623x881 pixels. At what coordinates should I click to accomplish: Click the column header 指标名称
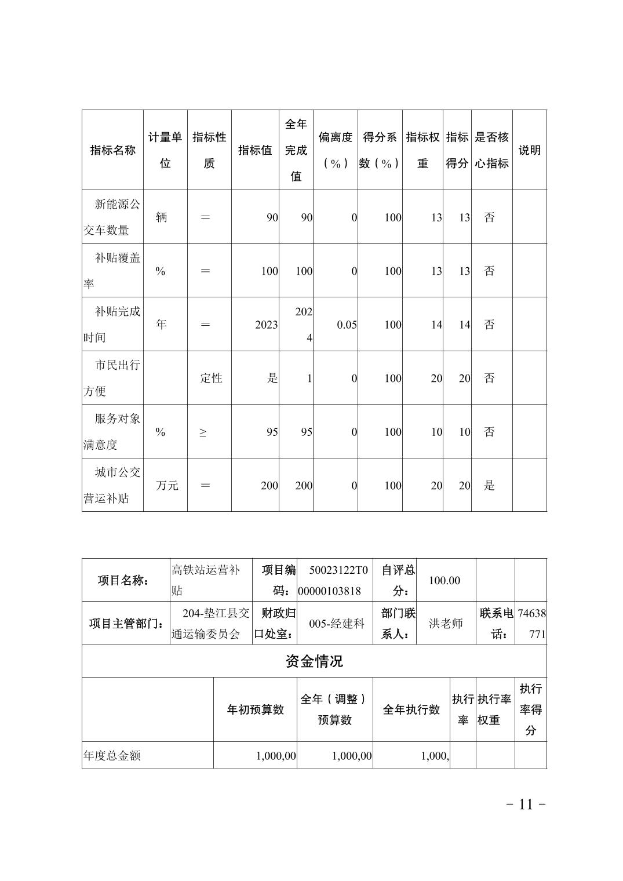point(112,150)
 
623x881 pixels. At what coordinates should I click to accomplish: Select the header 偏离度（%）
point(335,150)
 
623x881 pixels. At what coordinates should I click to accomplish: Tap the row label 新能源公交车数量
point(112,217)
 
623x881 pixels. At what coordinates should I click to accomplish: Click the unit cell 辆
point(162,217)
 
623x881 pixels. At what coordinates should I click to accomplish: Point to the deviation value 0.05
point(347,325)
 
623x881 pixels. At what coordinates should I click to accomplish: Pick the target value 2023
point(266,325)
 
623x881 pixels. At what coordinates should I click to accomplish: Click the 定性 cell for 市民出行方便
point(211,378)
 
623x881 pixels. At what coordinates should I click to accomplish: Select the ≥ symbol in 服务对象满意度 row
point(203,432)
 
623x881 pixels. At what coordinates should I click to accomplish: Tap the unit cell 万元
point(167,486)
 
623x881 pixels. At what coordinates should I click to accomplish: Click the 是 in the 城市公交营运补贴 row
point(490,486)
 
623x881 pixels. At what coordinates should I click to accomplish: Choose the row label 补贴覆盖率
point(112,271)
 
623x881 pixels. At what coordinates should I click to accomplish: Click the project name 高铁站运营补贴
point(206,580)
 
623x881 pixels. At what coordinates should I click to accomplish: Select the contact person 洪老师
point(446,624)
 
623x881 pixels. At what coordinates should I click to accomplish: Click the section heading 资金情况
point(314,661)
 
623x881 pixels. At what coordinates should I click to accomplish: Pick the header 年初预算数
point(256,710)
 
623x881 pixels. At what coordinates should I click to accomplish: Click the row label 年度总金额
point(112,756)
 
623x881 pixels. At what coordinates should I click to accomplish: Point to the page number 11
point(526,804)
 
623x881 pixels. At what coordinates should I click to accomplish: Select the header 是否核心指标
point(491,150)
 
